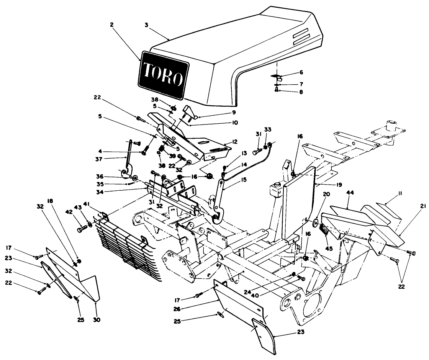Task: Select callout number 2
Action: [x=111, y=25]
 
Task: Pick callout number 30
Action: [x=97, y=319]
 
